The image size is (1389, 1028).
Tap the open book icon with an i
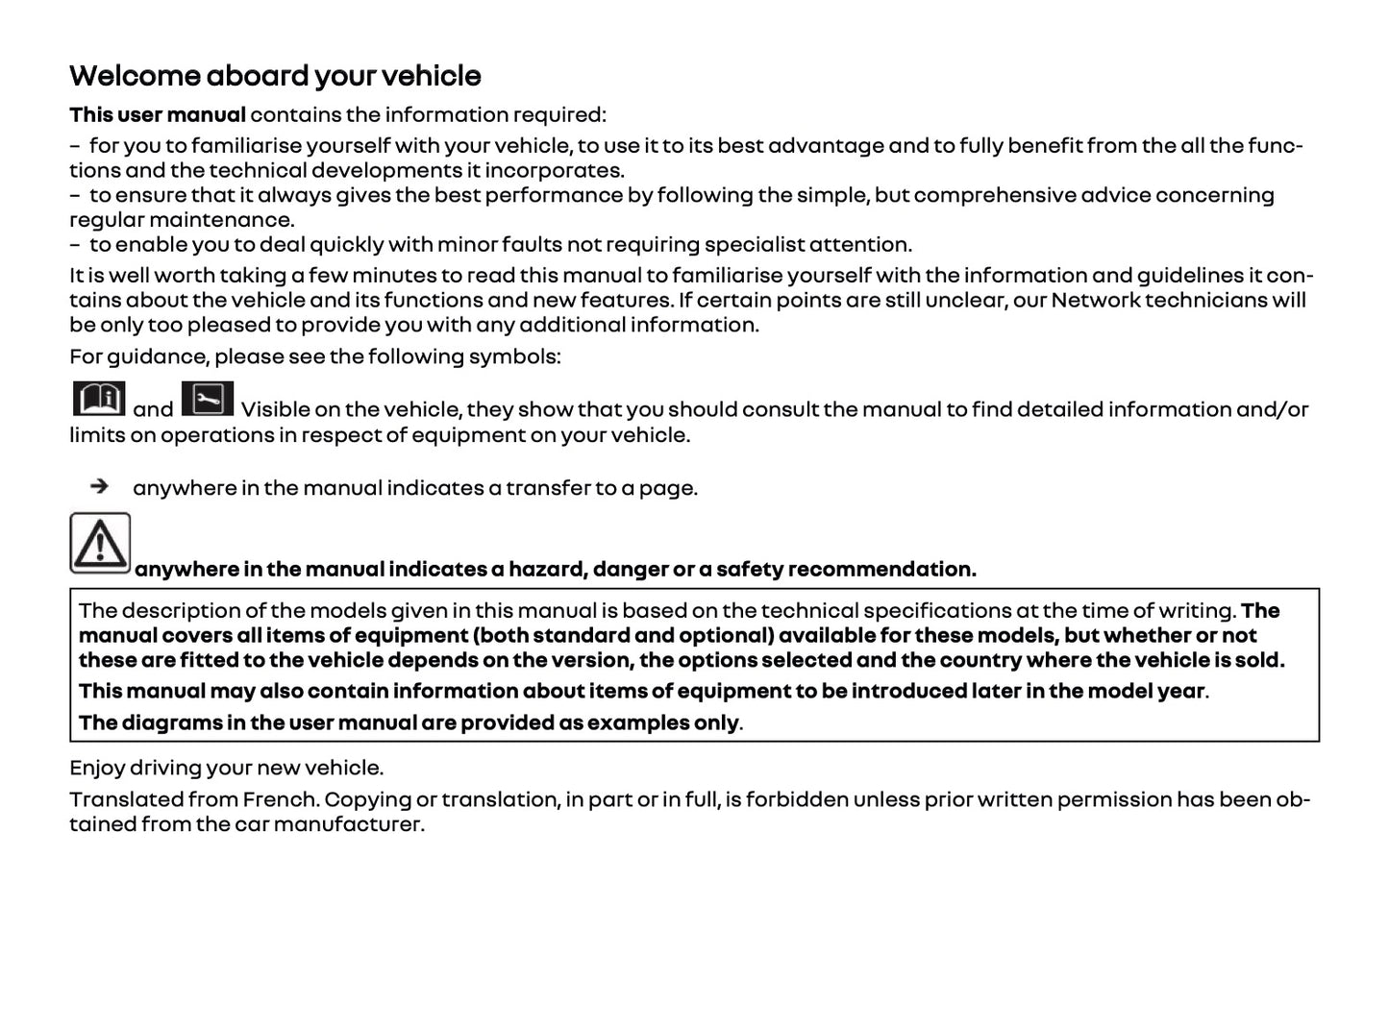click(x=99, y=399)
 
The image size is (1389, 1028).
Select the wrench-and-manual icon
click(x=207, y=398)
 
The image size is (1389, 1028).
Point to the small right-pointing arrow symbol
click(x=99, y=486)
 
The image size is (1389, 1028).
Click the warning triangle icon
click(x=100, y=543)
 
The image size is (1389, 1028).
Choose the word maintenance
click(x=234, y=220)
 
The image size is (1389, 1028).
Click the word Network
click(x=1095, y=300)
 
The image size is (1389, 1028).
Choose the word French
click(x=279, y=799)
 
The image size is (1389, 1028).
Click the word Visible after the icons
click(x=274, y=409)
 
